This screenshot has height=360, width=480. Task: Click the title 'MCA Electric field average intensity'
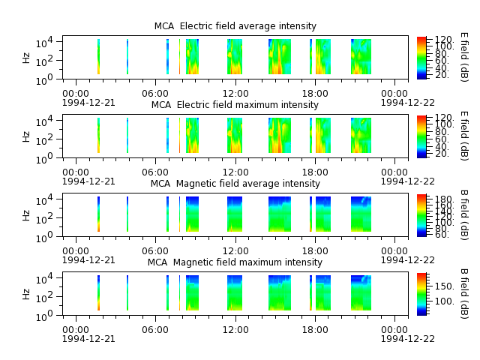click(235, 26)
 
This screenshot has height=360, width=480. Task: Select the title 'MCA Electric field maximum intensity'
click(235, 105)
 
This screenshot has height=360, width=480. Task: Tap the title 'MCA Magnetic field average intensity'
click(235, 183)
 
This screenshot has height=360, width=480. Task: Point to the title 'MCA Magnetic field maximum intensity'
click(235, 262)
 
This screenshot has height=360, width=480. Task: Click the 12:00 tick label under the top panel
click(235, 93)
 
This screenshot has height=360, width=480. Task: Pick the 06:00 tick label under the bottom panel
click(155, 330)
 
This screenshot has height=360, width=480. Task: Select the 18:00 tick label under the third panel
click(315, 251)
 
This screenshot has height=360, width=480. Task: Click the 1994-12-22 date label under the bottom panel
click(408, 338)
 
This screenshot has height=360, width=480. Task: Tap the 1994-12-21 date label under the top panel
click(88, 102)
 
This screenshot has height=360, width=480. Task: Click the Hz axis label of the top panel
click(26, 58)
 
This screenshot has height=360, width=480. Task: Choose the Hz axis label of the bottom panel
click(26, 294)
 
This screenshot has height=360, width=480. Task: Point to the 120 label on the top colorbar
click(443, 40)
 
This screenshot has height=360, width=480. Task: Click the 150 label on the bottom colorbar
click(444, 286)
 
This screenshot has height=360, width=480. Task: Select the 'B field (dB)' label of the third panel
click(464, 215)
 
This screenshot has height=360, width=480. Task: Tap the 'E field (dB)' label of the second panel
click(464, 136)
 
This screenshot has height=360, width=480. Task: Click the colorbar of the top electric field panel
click(421, 58)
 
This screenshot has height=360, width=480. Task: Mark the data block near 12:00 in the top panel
click(235, 57)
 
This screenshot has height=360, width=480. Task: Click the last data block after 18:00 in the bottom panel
click(361, 293)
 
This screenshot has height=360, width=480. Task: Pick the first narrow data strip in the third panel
click(98, 214)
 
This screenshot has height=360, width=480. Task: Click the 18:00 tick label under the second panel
click(315, 172)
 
